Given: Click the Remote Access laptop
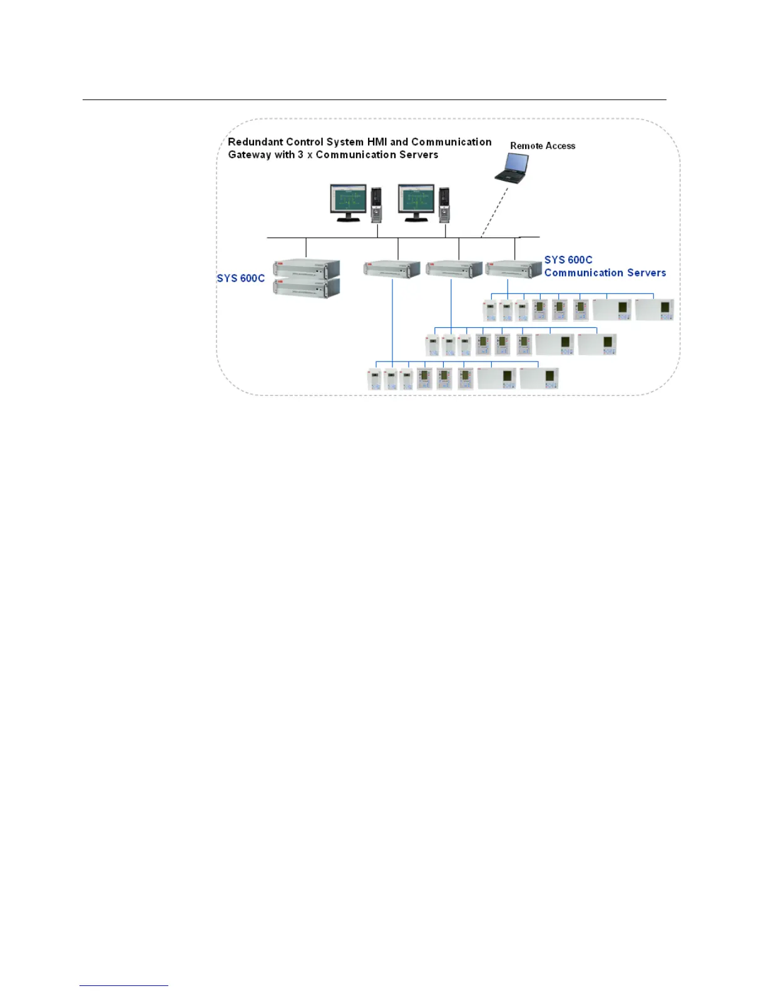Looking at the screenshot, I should [x=513, y=168].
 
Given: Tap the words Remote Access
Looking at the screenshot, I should [x=543, y=146].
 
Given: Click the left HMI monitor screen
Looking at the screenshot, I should [x=348, y=200].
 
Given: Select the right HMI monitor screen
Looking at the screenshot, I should [x=416, y=200].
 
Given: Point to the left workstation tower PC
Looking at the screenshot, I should [x=376, y=205].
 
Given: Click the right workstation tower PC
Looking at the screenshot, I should [x=444, y=205].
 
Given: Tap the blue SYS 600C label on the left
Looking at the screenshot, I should [x=241, y=278].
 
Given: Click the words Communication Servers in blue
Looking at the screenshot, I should [x=605, y=273].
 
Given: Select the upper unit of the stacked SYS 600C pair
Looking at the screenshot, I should [x=306, y=270].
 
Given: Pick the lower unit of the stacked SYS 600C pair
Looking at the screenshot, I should [x=306, y=288].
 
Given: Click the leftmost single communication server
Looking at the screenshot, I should [x=392, y=270].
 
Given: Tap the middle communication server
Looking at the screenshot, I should [x=453, y=270].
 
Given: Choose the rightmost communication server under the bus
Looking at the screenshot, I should [x=513, y=269].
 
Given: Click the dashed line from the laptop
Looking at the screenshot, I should [x=494, y=211].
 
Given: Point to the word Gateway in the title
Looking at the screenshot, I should [x=249, y=155].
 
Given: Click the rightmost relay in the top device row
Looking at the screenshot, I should [x=655, y=310].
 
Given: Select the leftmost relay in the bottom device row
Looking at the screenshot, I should [x=374, y=380].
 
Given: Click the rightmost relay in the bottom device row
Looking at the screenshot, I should [x=539, y=379].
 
